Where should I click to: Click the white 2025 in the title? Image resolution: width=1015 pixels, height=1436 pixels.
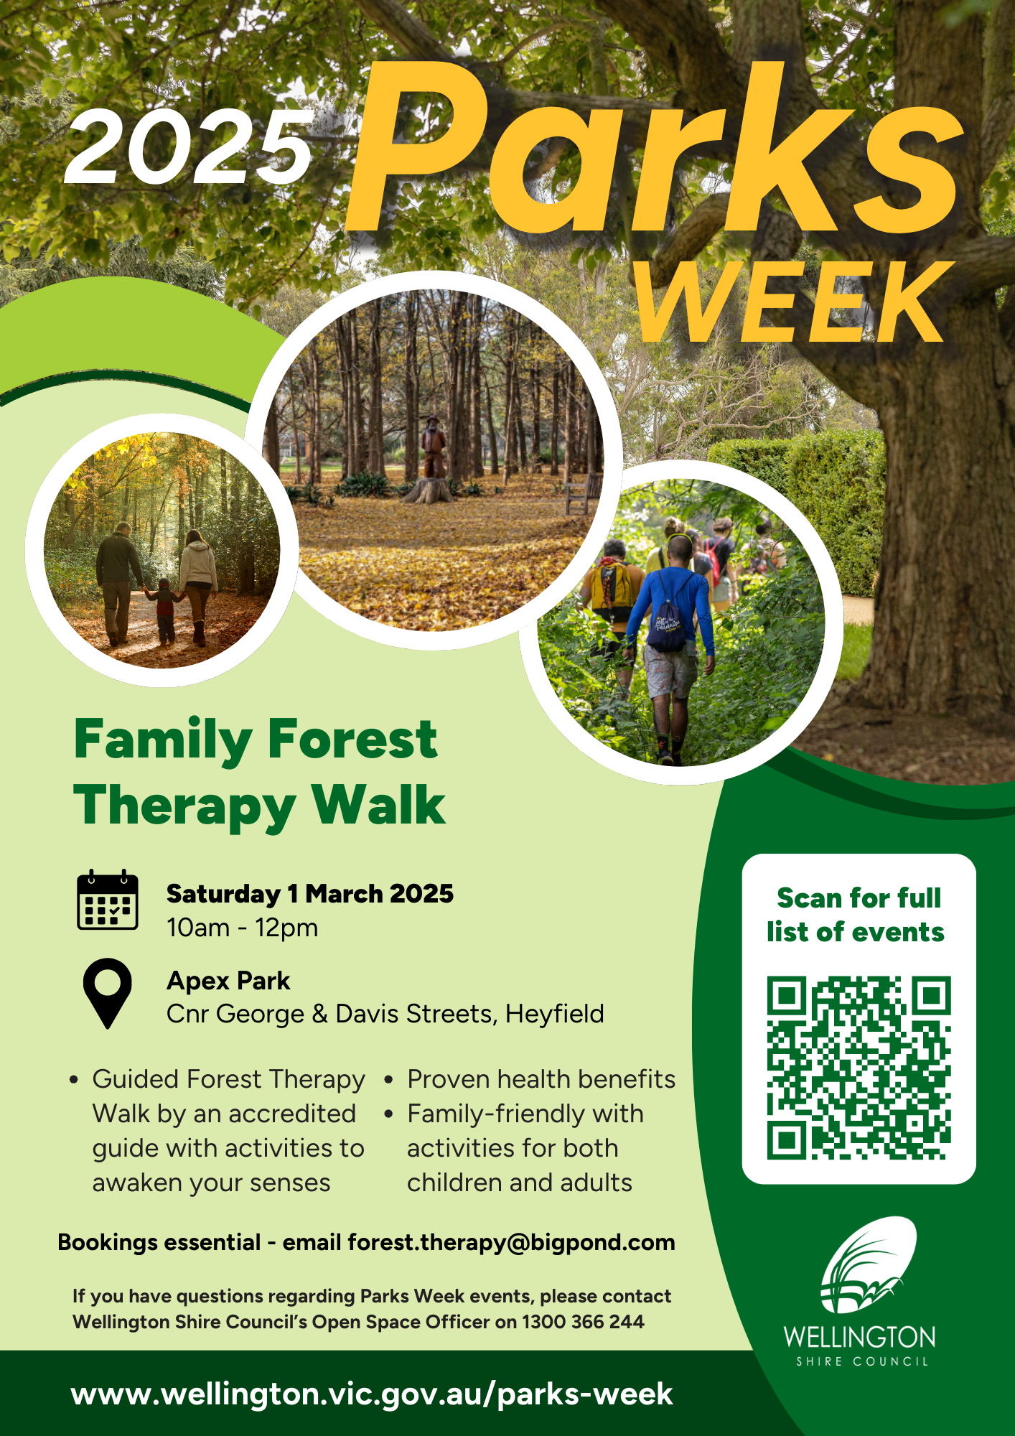[x=189, y=148]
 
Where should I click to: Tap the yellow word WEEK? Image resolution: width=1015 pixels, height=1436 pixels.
[x=790, y=302]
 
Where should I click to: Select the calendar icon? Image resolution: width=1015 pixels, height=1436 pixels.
[x=108, y=900]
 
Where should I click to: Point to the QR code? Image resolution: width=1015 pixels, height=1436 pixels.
[x=859, y=1068]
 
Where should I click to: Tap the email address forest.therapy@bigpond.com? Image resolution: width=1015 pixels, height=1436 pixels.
[x=511, y=1243]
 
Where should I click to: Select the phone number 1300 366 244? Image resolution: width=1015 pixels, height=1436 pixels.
[x=583, y=1322]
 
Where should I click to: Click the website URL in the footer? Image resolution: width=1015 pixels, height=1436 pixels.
[x=372, y=1394]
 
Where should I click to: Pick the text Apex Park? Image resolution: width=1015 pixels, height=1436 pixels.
[x=228, y=981]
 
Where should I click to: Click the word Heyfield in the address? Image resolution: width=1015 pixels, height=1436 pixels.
[x=554, y=1014]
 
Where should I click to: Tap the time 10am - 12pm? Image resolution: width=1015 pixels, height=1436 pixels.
[x=243, y=928]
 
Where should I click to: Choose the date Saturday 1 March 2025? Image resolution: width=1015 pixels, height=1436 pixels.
[x=310, y=894]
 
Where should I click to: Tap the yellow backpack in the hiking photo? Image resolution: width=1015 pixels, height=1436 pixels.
[x=610, y=585]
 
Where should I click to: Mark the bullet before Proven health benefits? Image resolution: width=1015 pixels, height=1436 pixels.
[x=388, y=1079]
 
